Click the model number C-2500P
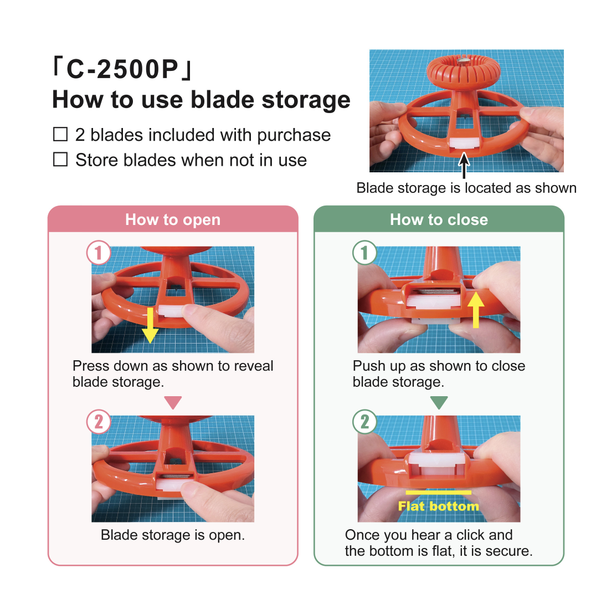click(x=122, y=69)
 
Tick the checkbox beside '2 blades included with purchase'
click(x=60, y=134)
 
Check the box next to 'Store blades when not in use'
click(x=60, y=160)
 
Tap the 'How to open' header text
click(x=173, y=219)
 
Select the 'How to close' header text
click(x=439, y=219)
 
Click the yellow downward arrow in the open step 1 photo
click(x=151, y=325)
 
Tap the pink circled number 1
click(x=99, y=253)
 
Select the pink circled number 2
click(x=99, y=422)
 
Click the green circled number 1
click(x=364, y=253)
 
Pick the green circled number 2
click(x=364, y=422)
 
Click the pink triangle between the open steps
click(x=173, y=402)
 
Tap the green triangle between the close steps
click(x=439, y=402)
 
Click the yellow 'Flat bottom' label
click(x=439, y=506)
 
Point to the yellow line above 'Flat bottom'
click(x=439, y=493)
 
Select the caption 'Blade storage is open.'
click(x=173, y=535)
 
